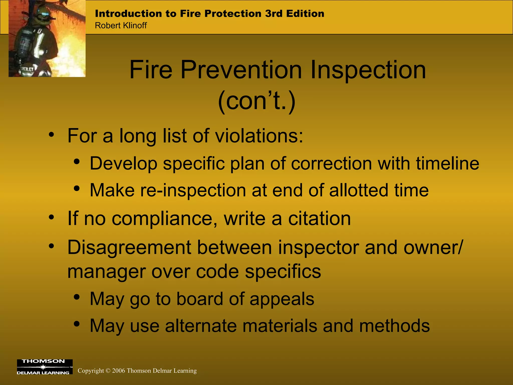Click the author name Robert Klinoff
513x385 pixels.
[x=121, y=26]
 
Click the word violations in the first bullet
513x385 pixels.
[x=259, y=136]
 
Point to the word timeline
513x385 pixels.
[x=447, y=163]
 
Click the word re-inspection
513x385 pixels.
[x=193, y=190]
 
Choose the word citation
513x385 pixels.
[x=319, y=218]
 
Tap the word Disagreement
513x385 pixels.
[x=129, y=248]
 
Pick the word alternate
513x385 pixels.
[x=201, y=326]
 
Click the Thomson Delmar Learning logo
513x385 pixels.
[x=45, y=367]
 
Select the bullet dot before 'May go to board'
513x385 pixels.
[x=77, y=298]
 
